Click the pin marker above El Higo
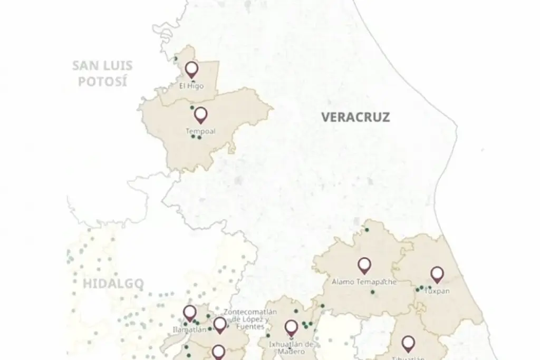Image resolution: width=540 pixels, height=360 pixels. click(x=191, y=69)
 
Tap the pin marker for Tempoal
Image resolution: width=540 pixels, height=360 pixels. click(x=200, y=114)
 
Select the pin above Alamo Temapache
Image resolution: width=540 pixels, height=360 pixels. click(x=364, y=265)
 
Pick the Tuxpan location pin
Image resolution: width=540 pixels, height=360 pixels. click(x=437, y=274)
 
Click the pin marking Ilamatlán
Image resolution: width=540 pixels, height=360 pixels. click(x=190, y=313)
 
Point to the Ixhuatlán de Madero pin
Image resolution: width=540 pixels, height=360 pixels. click(x=291, y=328)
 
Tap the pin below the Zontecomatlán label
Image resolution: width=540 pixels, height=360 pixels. click(x=219, y=325)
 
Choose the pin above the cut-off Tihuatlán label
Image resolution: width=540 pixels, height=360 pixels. click(x=408, y=344)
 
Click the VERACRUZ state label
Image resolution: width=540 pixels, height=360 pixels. click(x=356, y=117)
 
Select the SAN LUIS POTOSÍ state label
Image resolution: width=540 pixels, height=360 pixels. click(x=102, y=74)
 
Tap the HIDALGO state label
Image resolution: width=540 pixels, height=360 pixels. click(x=113, y=285)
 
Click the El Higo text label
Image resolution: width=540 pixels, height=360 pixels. click(x=191, y=86)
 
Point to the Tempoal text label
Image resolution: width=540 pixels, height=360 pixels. click(x=200, y=131)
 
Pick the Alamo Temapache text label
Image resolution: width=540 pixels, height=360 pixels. click(x=364, y=281)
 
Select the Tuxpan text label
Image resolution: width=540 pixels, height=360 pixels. click(x=437, y=290)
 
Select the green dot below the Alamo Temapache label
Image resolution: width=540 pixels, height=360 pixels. click(x=373, y=292)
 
